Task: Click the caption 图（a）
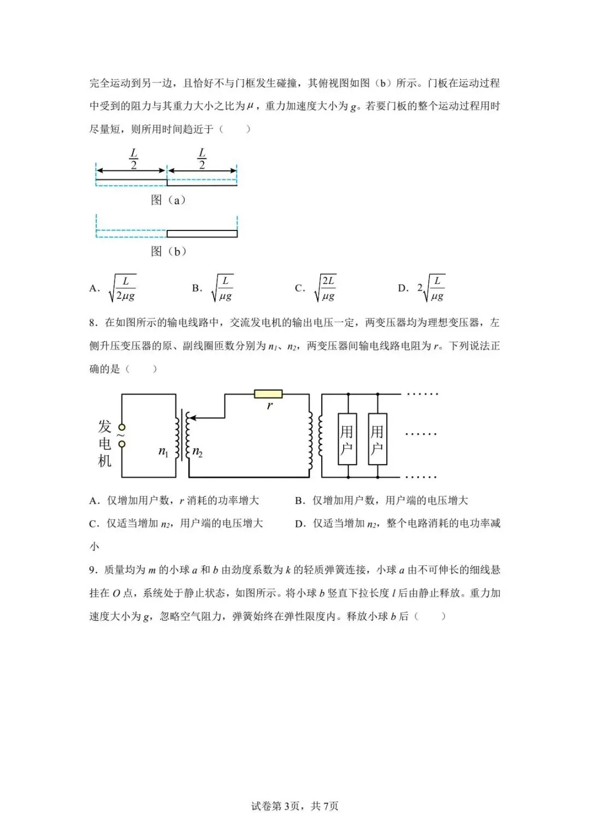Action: point(168,200)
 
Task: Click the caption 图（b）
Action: point(168,251)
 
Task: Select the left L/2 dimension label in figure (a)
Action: point(133,158)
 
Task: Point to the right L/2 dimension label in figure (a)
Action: point(202,158)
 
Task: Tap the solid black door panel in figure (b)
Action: point(202,234)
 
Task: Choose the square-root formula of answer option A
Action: point(123,288)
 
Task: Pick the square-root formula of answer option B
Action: point(223,288)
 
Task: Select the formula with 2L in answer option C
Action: point(326,288)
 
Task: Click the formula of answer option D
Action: point(431,288)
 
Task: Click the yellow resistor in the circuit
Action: point(268,394)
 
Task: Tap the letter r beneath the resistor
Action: point(269,406)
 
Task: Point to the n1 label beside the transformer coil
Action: point(163,451)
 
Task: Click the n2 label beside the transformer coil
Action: point(197,452)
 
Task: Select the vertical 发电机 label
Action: point(104,443)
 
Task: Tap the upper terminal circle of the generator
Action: point(122,427)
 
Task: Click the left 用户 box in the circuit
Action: point(347,439)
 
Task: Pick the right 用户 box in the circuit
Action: point(377,439)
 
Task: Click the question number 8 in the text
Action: point(93,323)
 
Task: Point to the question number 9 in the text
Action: point(93,570)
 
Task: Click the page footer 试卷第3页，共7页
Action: point(294,806)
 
